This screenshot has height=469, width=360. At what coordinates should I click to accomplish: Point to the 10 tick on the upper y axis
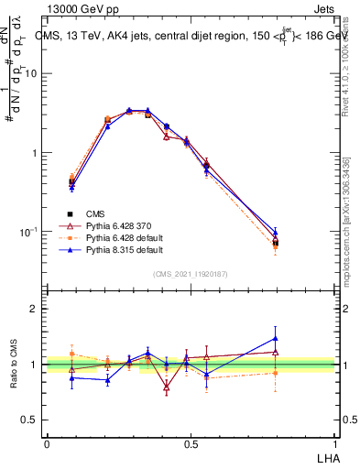tap(31, 74)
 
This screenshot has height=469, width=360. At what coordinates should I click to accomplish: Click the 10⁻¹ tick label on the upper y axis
tap(28, 232)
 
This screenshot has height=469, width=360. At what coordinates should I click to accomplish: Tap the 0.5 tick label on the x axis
tap(190, 444)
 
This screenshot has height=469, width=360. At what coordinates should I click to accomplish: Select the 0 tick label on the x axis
tap(47, 444)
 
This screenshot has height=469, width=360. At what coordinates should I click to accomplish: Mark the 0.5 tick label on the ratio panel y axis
tap(30, 420)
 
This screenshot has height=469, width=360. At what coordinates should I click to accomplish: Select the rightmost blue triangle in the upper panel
tap(276, 233)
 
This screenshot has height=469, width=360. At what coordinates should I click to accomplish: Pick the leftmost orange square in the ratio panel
tap(71, 354)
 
